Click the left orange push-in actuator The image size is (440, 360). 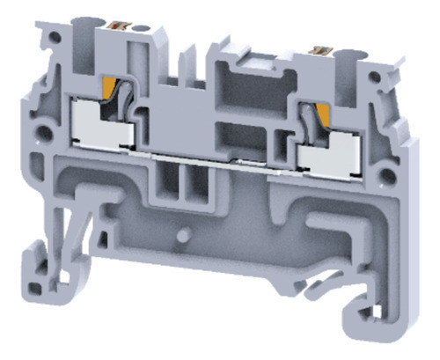click(x=113, y=88)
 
